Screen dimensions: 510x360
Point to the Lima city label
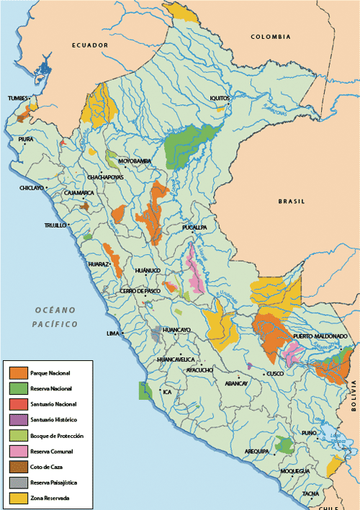tap(112, 334)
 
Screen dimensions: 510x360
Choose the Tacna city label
tap(310, 493)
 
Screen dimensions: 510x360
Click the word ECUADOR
tap(89, 45)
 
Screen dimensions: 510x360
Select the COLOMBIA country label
tap(270, 36)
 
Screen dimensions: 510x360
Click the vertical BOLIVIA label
tap(354, 396)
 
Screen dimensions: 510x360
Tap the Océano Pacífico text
tap(55, 317)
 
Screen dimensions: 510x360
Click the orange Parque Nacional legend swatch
tap(18, 372)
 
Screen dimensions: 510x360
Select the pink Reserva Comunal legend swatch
tap(18, 451)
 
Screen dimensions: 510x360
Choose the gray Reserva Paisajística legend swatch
tap(18, 482)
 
